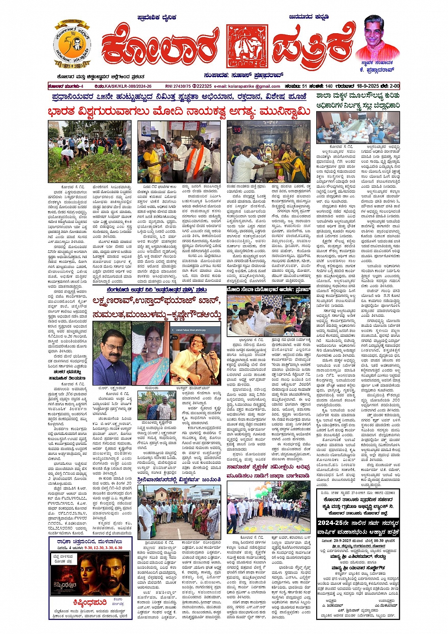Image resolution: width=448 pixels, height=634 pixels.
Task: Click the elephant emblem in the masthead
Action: [x=247, y=46]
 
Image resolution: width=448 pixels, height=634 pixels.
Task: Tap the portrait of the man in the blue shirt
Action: [x=111, y=346]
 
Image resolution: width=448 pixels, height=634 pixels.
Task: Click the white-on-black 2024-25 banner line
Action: [x=358, y=524]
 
